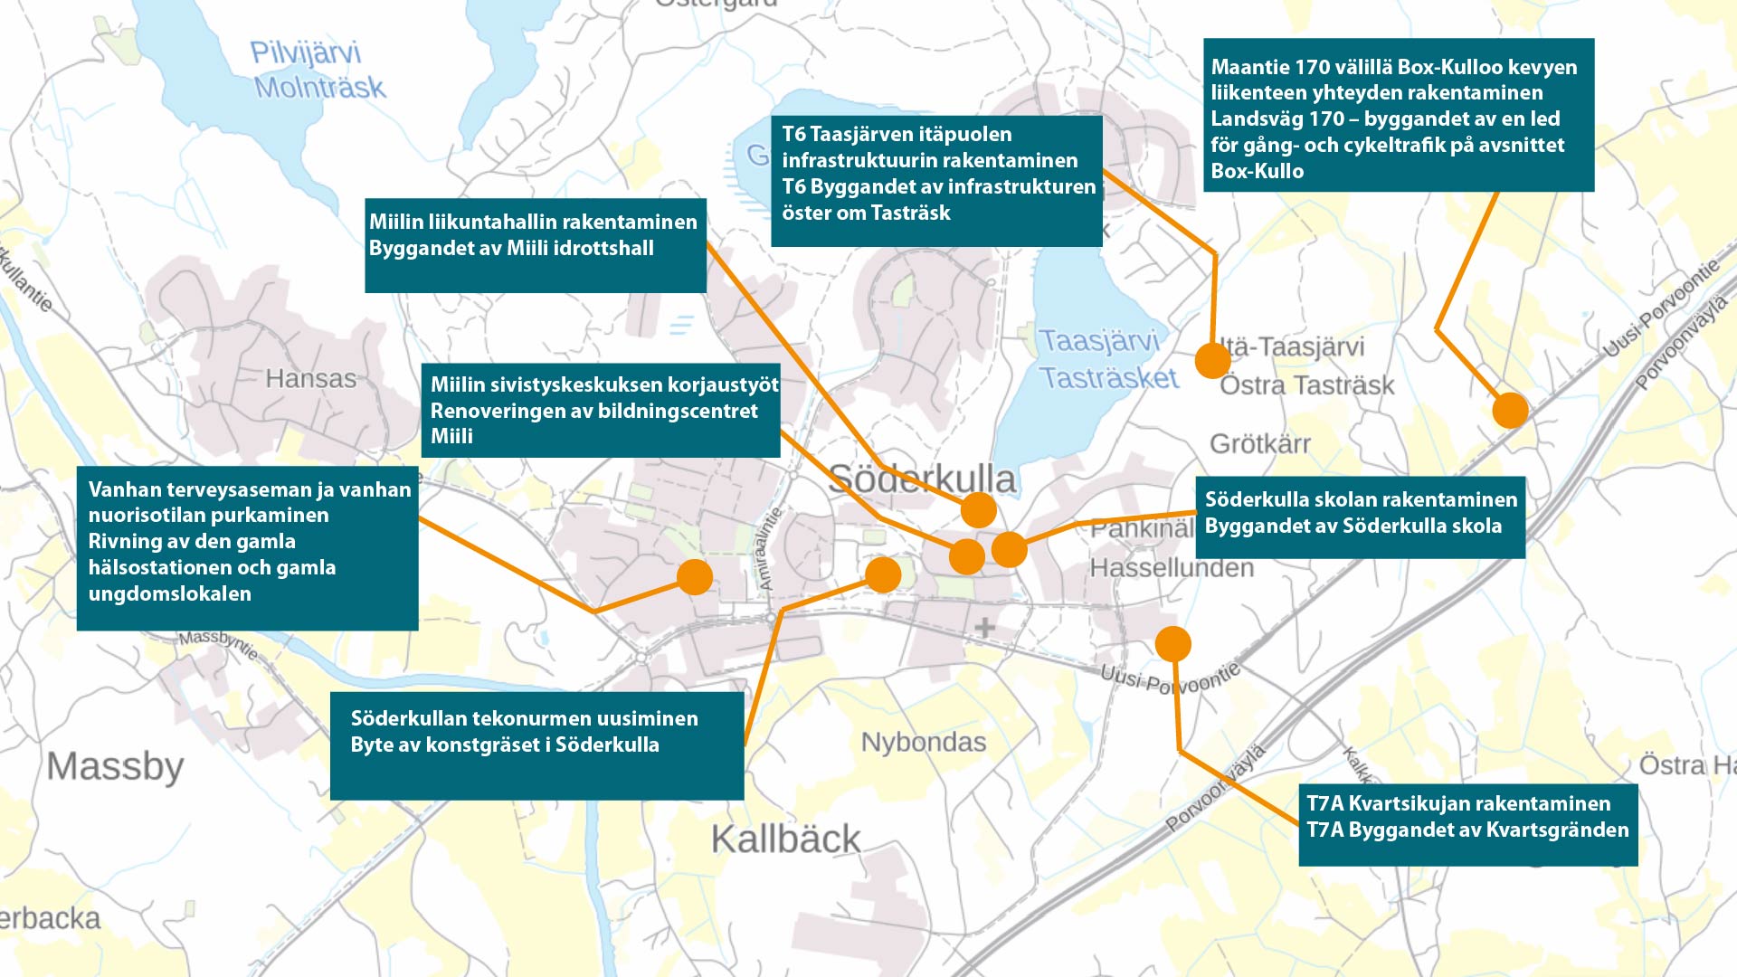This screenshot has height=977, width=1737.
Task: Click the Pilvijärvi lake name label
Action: [305, 52]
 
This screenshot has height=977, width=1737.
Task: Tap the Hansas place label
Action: [310, 378]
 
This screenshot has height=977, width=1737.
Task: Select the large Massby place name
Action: [115, 766]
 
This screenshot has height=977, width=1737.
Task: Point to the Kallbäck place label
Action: [785, 839]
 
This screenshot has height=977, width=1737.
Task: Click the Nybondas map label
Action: [923, 742]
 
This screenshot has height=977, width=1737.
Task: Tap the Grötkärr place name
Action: [1259, 443]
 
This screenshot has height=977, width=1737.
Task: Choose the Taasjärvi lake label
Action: [1098, 341]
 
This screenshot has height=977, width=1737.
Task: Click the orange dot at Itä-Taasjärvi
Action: [1212, 360]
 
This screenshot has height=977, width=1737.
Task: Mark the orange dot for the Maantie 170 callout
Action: [1510, 410]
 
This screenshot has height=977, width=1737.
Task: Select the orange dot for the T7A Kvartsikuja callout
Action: [1172, 644]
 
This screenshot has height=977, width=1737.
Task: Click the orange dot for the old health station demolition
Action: [695, 576]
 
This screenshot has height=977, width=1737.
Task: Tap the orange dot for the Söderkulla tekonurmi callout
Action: [883, 574]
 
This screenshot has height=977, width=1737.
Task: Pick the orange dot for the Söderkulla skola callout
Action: [1009, 549]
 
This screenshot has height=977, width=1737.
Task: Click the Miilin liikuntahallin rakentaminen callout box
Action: [535, 245]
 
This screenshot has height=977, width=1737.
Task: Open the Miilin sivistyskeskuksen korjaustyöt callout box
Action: [600, 410]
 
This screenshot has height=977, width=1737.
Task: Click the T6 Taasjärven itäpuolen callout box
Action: [935, 180]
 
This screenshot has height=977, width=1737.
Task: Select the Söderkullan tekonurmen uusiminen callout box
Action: [536, 745]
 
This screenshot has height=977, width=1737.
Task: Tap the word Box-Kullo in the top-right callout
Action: [1257, 171]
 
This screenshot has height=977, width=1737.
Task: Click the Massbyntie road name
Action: [218, 643]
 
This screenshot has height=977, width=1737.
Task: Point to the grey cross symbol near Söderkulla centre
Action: [984, 626]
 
